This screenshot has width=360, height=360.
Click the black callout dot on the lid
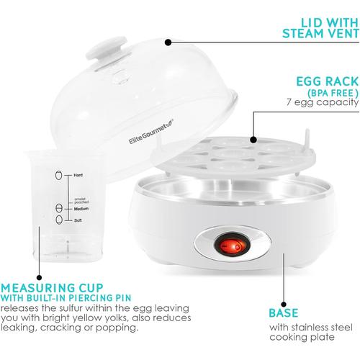[168, 42]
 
